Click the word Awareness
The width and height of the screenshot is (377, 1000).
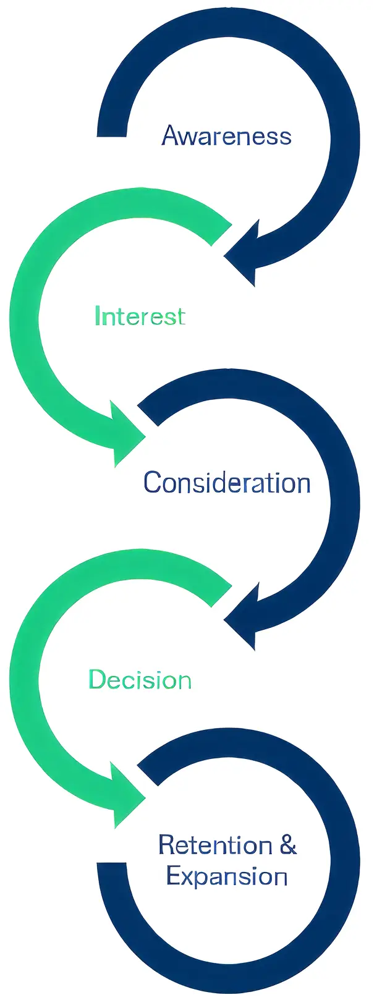(226, 135)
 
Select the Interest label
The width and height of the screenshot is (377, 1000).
(140, 316)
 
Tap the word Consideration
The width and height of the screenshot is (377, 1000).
(227, 482)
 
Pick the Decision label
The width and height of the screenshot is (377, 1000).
(140, 680)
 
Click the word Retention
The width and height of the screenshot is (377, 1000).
(215, 844)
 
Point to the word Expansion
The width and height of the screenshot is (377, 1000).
(227, 876)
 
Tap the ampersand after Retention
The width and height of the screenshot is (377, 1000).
(288, 844)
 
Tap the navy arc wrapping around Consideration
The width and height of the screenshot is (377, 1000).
(343, 494)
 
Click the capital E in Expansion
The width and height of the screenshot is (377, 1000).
(174, 876)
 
